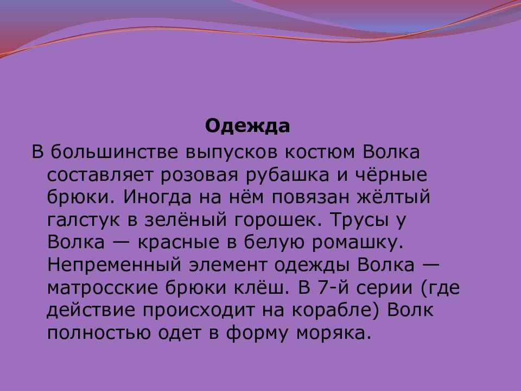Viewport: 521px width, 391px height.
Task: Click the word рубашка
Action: pos(288,175)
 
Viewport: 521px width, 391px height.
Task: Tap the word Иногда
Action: pos(157,197)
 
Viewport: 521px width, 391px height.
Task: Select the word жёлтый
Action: pos(394,197)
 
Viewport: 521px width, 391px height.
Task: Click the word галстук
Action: pos(84,220)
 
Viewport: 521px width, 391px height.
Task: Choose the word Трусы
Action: pos(360,220)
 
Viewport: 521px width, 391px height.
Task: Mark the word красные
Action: pos(179,242)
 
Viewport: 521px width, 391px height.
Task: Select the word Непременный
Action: pos(115,265)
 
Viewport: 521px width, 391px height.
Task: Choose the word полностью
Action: pos(99,333)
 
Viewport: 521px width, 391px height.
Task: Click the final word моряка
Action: pos(334,333)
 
